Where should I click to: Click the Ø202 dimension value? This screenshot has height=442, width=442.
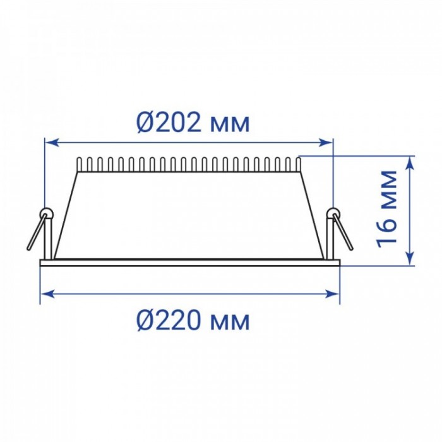(x=169, y=122)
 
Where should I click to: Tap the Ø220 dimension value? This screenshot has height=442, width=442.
(x=169, y=321)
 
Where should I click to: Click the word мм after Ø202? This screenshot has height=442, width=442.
(x=230, y=125)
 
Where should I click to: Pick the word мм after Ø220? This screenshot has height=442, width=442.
(x=230, y=323)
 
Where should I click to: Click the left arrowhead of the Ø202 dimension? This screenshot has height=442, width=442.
(x=52, y=143)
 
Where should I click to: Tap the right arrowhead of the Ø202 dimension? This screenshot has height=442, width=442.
(x=326, y=143)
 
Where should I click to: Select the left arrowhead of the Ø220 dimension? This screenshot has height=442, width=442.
(x=47, y=294)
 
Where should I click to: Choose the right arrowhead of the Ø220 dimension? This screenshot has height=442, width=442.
(x=332, y=294)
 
